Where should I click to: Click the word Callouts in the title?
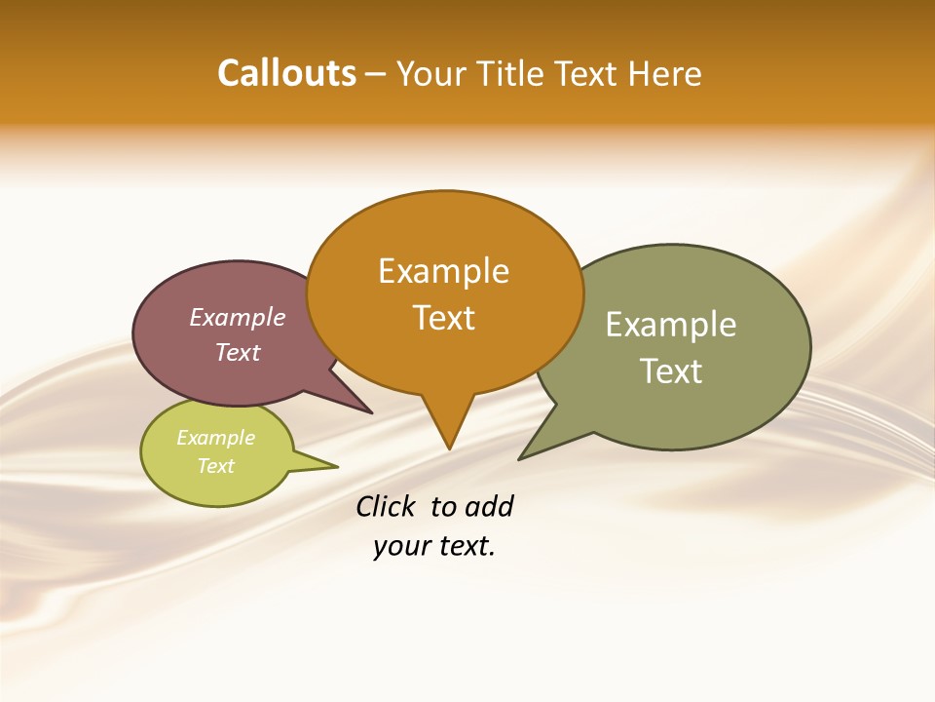pos(286,73)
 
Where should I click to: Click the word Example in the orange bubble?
pos(443,271)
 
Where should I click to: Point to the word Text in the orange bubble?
pos(443,318)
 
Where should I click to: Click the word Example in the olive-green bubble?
pos(671,325)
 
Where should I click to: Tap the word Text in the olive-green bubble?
pos(671,371)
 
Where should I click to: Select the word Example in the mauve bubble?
pos(237,318)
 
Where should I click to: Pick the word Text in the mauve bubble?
pos(237,352)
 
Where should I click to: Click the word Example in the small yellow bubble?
pos(215,438)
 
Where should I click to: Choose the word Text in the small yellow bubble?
pos(215,466)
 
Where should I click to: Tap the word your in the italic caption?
pos(395,546)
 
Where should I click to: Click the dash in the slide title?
pos(376,74)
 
